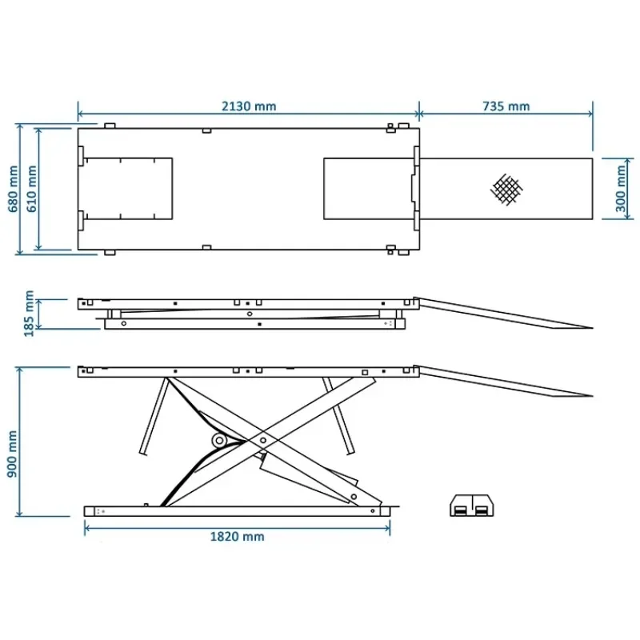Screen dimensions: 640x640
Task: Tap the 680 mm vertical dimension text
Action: click(x=14, y=190)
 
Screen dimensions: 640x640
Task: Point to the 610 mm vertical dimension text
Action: click(x=32, y=190)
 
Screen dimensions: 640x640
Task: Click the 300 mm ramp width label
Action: click(x=621, y=189)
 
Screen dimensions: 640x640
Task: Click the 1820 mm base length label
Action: click(x=238, y=537)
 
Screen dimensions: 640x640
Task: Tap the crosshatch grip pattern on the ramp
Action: click(x=506, y=190)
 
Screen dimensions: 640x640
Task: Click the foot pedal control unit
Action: click(x=472, y=506)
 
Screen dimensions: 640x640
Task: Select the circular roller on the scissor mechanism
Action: click(x=218, y=441)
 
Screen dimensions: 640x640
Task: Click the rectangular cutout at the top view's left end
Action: click(x=128, y=189)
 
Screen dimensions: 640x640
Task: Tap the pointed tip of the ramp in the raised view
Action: click(x=590, y=394)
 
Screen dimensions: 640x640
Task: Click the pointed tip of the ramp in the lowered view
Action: click(x=590, y=327)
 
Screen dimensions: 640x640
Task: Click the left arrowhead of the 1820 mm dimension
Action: click(x=86, y=527)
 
